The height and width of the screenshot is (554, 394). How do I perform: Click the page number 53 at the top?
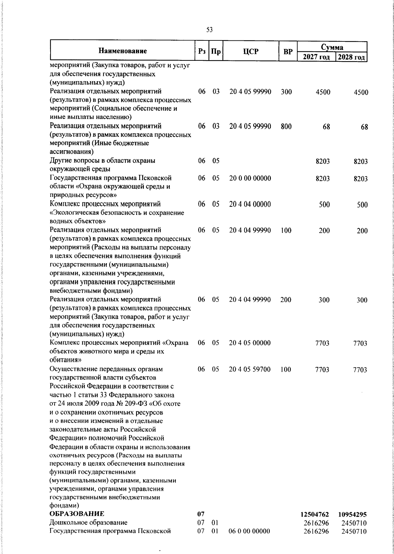(x=209, y=30)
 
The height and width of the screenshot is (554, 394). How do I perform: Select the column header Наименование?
(x=122, y=51)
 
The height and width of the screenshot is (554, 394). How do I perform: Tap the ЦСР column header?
(x=251, y=52)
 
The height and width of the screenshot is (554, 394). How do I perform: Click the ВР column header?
(x=288, y=52)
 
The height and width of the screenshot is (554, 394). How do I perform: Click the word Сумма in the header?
(x=332, y=47)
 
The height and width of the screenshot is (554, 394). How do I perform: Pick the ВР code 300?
(x=286, y=92)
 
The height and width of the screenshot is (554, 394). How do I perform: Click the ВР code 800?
(x=286, y=126)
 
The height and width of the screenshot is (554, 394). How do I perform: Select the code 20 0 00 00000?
(x=250, y=178)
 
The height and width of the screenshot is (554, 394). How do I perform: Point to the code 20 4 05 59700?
(x=250, y=369)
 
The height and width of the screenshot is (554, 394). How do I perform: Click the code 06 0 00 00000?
(x=250, y=531)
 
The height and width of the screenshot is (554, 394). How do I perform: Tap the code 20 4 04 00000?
(x=250, y=204)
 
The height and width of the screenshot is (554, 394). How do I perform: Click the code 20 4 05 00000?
(x=250, y=343)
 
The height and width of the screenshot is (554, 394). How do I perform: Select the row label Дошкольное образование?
(x=88, y=522)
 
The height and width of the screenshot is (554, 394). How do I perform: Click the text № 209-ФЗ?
(x=136, y=403)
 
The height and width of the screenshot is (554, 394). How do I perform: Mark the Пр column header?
(x=216, y=52)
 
